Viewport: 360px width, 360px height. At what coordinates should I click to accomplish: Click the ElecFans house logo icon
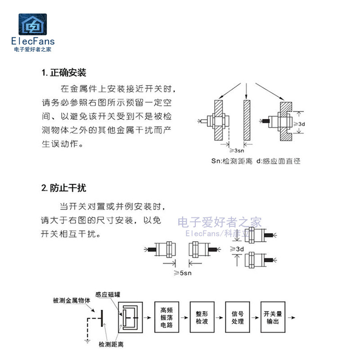32,25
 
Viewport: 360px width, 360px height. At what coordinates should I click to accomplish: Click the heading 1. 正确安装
63,72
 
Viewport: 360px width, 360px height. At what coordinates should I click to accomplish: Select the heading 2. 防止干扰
63,188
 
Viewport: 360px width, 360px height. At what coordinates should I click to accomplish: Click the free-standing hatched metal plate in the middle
246,120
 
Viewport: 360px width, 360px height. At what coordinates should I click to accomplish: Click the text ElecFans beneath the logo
32,41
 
